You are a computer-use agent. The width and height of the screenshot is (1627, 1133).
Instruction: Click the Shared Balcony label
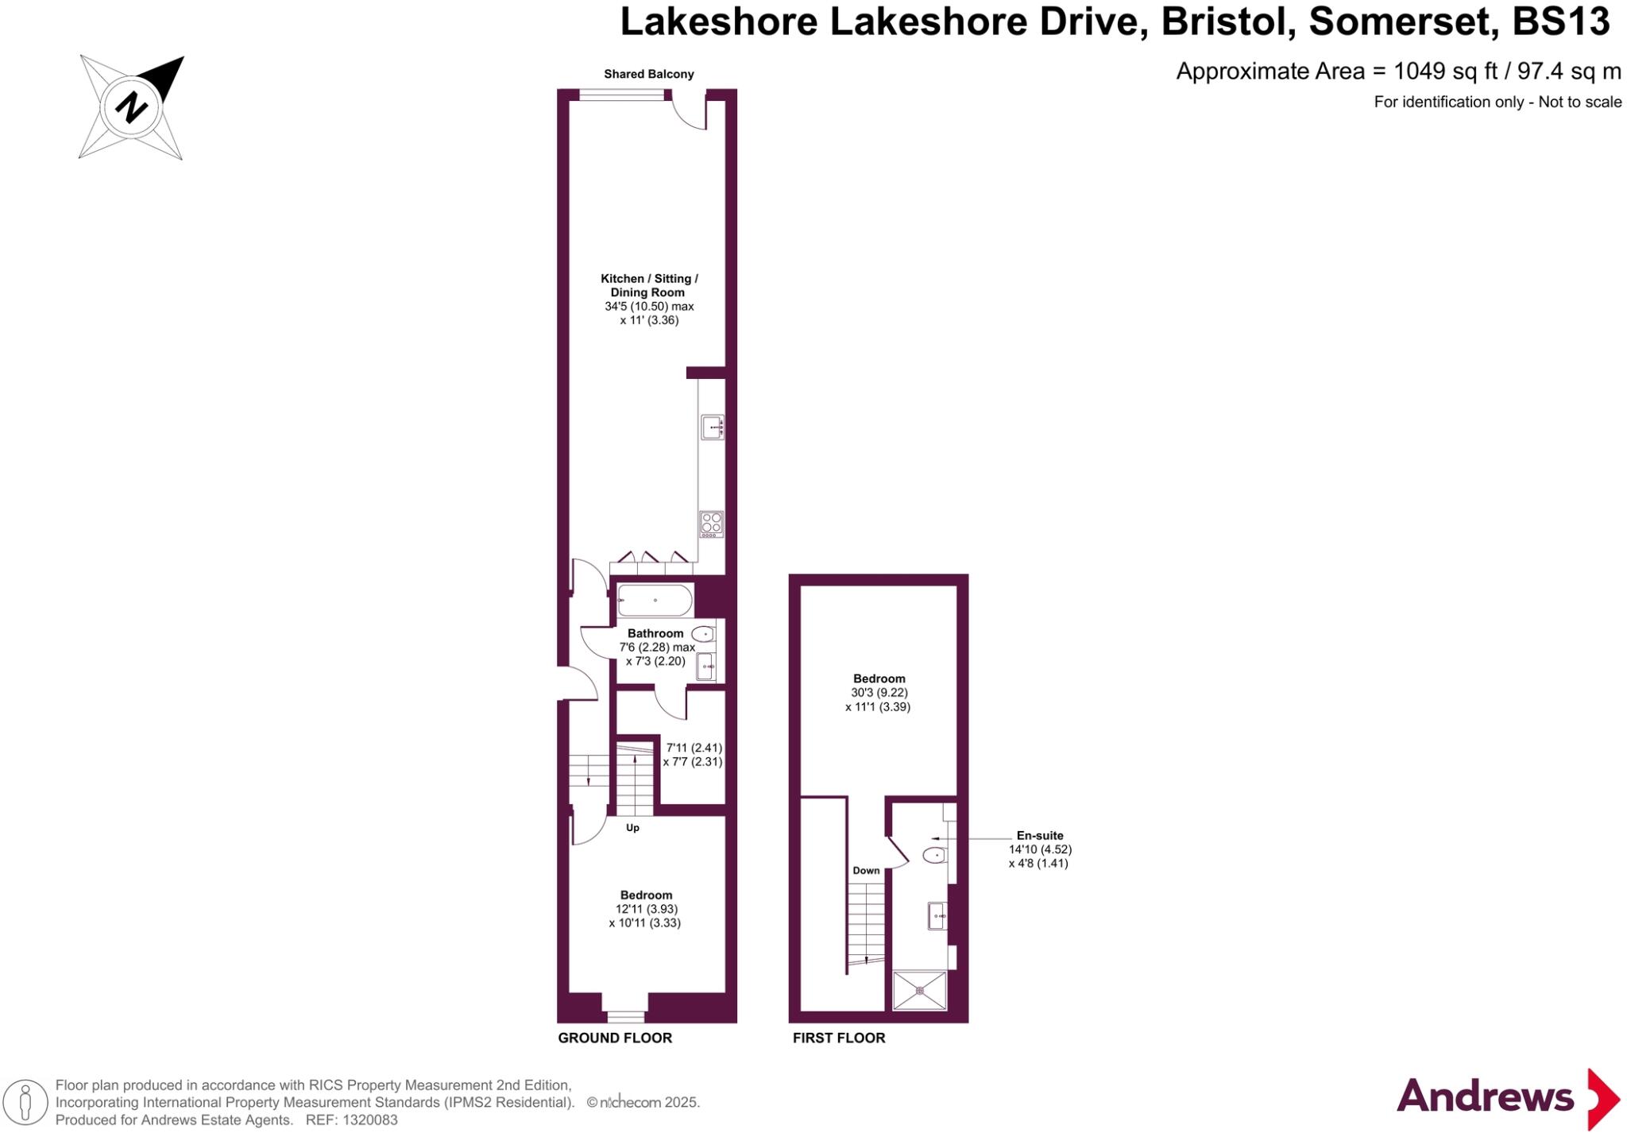pyautogui.click(x=648, y=74)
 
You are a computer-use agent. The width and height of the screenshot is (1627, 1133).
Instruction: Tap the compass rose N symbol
pyautogui.click(x=131, y=106)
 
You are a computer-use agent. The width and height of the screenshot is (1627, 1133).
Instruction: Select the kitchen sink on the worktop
pyautogui.click(x=712, y=427)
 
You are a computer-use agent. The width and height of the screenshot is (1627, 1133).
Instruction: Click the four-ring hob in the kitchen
pyautogui.click(x=712, y=524)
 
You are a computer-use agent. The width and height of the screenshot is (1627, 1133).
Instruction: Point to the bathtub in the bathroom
pyautogui.click(x=655, y=600)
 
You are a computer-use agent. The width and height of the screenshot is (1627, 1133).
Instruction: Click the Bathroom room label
pyautogui.click(x=655, y=633)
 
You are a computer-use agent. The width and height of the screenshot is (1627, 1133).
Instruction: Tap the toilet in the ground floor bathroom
pyautogui.click(x=703, y=634)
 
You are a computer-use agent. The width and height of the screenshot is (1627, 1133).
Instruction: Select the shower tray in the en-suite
pyautogui.click(x=920, y=990)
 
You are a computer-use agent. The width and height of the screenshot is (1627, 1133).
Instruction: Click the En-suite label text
pyautogui.click(x=1039, y=836)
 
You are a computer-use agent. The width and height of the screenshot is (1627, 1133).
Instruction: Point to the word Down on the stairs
pyautogui.click(x=866, y=871)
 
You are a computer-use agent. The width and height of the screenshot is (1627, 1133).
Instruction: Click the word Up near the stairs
pyautogui.click(x=632, y=828)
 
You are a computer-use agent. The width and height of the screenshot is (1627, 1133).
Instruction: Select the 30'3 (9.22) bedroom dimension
pyautogui.click(x=879, y=693)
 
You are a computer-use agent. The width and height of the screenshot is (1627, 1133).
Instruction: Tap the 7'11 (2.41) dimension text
pyautogui.click(x=694, y=748)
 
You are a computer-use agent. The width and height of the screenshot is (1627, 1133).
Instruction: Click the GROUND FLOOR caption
pyautogui.click(x=615, y=1038)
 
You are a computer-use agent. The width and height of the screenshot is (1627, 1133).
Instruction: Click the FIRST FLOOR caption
pyautogui.click(x=838, y=1038)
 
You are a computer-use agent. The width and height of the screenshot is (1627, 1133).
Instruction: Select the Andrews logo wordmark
pyautogui.click(x=1484, y=1097)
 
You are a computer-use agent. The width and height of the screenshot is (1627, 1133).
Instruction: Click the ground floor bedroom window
pyautogui.click(x=625, y=1016)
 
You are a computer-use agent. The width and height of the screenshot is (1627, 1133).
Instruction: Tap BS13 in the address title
pyautogui.click(x=1560, y=22)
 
